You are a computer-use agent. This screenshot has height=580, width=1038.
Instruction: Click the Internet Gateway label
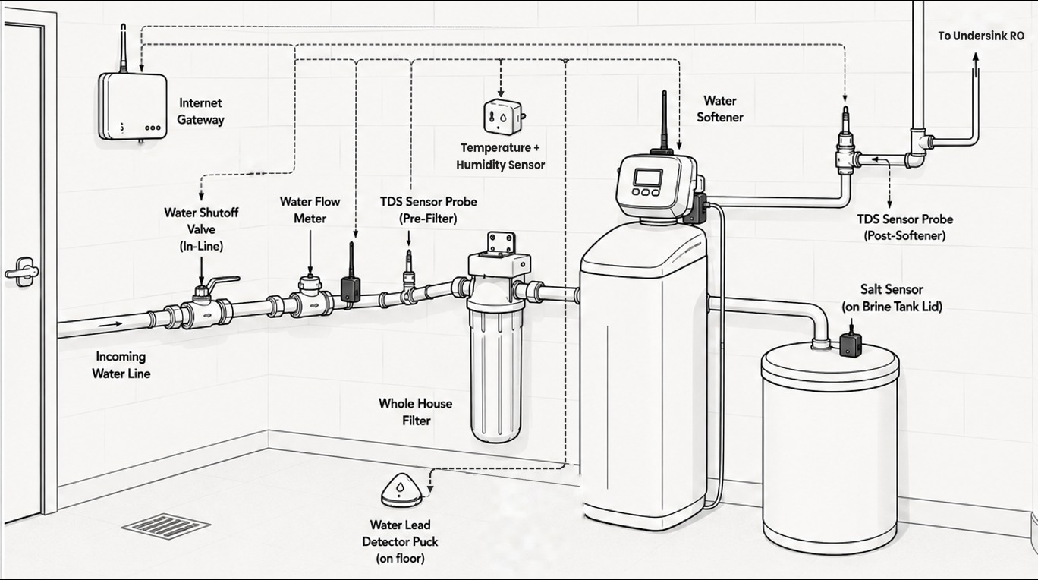point(200,112)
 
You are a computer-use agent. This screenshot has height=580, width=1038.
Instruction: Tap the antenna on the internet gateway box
point(123,49)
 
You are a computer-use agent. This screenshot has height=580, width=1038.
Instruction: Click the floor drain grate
point(166,526)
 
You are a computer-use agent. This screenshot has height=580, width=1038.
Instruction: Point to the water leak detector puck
point(401,490)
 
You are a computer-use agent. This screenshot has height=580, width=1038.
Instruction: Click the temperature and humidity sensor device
point(504,116)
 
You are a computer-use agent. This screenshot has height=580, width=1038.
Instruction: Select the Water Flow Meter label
point(310,210)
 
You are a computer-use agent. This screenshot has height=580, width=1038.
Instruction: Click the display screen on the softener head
point(648,178)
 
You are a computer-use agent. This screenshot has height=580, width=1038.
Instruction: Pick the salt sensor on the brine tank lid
point(851,342)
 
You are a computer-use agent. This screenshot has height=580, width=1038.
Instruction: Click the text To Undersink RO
point(981,36)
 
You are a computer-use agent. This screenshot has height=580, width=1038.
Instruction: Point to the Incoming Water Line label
point(121,365)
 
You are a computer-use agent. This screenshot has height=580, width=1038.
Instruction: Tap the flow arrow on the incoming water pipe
point(110,324)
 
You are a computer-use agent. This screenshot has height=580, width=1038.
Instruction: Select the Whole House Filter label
point(416,411)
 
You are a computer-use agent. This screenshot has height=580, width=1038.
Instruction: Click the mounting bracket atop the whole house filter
point(502,244)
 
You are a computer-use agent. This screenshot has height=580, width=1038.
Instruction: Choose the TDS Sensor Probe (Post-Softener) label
point(904,227)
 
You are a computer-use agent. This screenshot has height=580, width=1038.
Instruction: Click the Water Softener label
point(719,109)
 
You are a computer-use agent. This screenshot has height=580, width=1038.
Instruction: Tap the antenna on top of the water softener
point(664,120)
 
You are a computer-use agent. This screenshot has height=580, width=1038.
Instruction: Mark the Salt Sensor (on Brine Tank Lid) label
point(892,298)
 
